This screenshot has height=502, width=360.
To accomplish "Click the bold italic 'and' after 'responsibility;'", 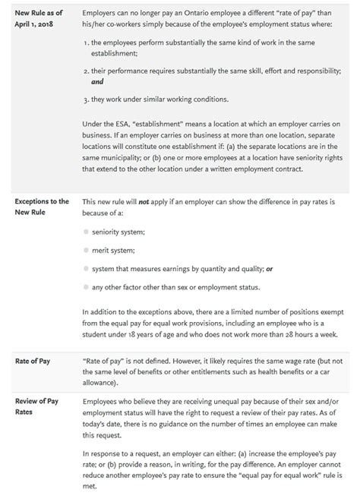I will click(96, 81).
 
